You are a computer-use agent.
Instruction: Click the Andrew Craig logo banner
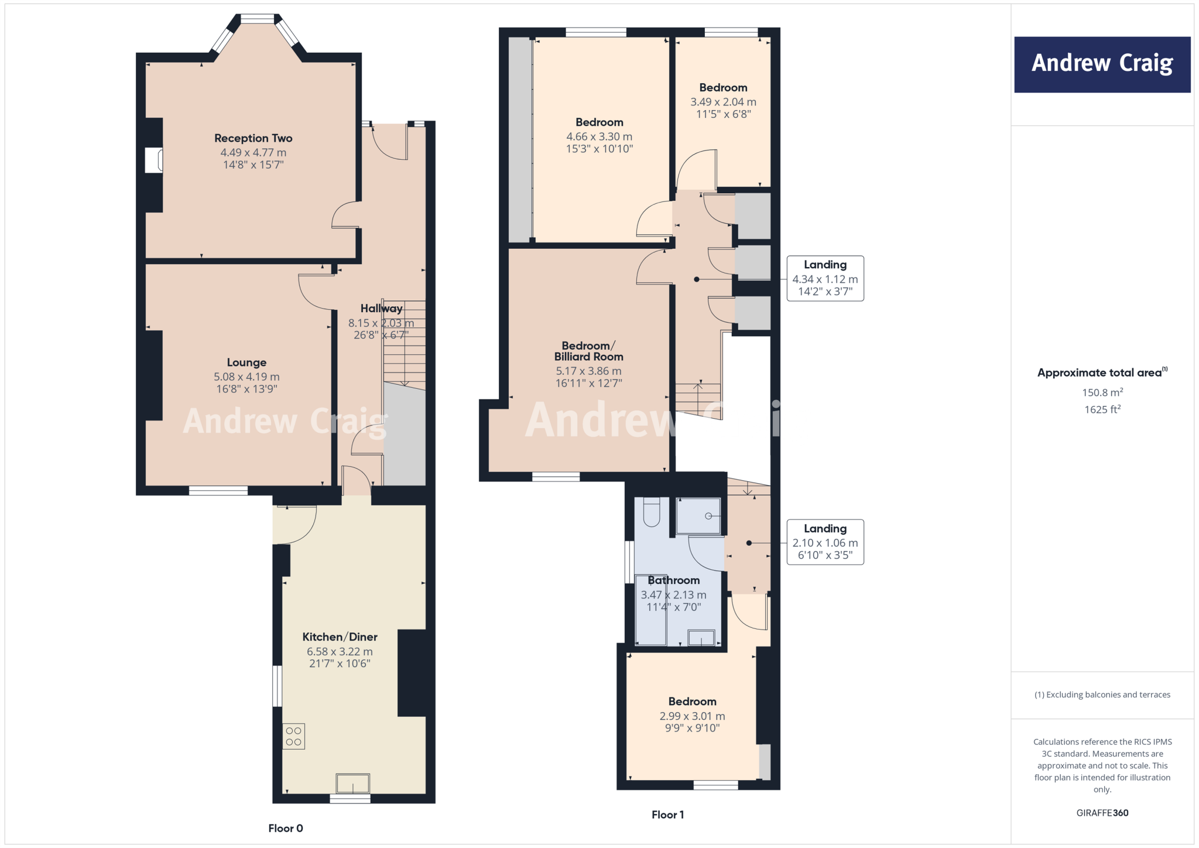pyautogui.click(x=1102, y=64)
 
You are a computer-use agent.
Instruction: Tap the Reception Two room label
pyautogui.click(x=253, y=138)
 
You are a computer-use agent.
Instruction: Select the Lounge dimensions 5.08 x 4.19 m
pyautogui.click(x=246, y=377)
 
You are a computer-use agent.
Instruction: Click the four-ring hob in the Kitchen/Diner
pyautogui.click(x=294, y=737)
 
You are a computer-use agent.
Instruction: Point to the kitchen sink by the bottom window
pyautogui.click(x=352, y=783)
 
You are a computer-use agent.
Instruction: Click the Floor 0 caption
pyautogui.click(x=286, y=828)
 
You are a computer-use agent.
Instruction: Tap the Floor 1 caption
pyautogui.click(x=667, y=815)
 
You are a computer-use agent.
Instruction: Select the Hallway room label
pyautogui.click(x=381, y=309)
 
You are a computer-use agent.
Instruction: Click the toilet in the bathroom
pyautogui.click(x=652, y=512)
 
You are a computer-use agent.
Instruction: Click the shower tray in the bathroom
pyautogui.click(x=698, y=516)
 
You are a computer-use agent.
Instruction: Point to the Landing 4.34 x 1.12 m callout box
pyautogui.click(x=825, y=278)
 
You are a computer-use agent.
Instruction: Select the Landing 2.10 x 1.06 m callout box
pyautogui.click(x=825, y=542)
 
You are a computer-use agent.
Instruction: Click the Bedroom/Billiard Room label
pyautogui.click(x=588, y=351)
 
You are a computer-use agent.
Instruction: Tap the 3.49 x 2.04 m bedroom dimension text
pyautogui.click(x=723, y=102)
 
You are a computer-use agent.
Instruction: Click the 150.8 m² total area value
pyautogui.click(x=1102, y=392)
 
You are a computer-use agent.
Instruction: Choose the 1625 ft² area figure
pyautogui.click(x=1102, y=409)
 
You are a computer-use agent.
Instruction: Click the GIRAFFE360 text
pyautogui.click(x=1102, y=813)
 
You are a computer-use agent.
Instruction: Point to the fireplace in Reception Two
pyautogui.click(x=153, y=160)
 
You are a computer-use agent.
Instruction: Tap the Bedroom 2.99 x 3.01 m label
pyautogui.click(x=692, y=702)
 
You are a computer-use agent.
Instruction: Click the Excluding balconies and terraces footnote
pyautogui.click(x=1102, y=695)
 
